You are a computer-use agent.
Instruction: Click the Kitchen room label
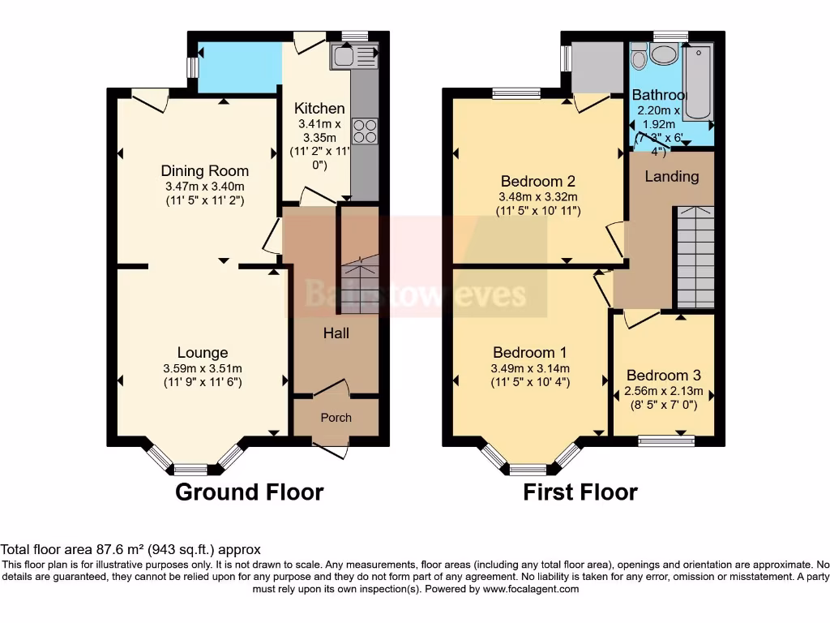[x=319, y=109]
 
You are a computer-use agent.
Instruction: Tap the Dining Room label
[x=204, y=170]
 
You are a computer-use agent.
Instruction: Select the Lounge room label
[x=203, y=352]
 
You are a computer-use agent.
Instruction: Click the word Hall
[x=336, y=333]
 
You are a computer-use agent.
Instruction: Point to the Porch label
[x=336, y=418]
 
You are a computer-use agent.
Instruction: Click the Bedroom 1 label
[x=530, y=352]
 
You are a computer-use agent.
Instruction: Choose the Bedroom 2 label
[x=537, y=180]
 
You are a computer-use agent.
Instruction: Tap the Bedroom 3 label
[x=663, y=376]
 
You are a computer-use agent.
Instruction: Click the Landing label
[x=672, y=176]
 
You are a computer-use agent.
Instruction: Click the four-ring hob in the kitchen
[x=366, y=131]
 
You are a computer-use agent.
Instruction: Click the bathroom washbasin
[x=667, y=54]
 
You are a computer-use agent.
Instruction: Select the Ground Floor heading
[x=250, y=492]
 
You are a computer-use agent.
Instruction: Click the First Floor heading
[x=580, y=492]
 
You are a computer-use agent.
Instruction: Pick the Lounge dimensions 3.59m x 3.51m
[x=203, y=368]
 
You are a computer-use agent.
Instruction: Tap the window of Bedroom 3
[x=666, y=440]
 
